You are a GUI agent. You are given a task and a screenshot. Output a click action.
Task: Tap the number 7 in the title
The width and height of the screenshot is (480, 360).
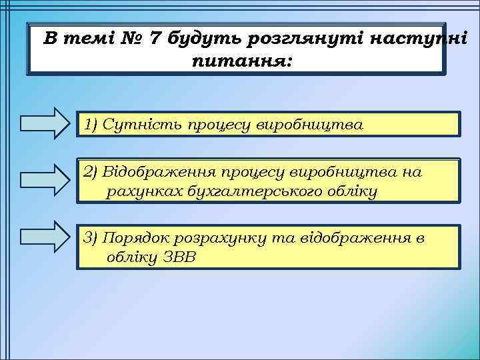(x=155, y=39)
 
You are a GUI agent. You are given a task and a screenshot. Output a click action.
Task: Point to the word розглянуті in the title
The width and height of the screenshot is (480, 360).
(x=297, y=39)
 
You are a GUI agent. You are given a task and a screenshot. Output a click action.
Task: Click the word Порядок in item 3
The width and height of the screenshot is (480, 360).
(x=134, y=238)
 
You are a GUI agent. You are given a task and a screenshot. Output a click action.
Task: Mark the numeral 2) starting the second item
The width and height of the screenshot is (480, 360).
(x=90, y=172)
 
